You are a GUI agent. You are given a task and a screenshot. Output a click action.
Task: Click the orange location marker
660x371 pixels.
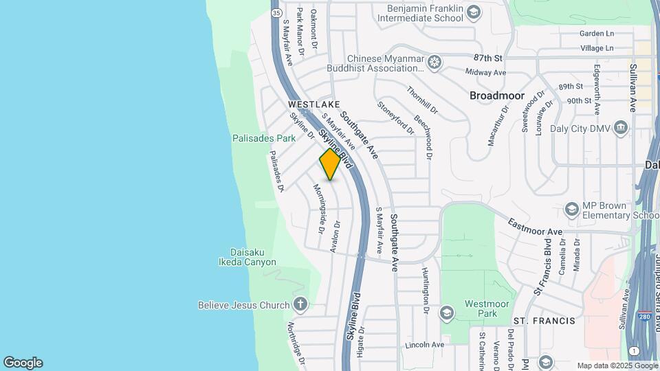330,165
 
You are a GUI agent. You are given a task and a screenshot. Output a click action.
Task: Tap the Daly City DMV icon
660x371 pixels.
621,127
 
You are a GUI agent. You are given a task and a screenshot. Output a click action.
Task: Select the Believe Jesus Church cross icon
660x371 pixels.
300,304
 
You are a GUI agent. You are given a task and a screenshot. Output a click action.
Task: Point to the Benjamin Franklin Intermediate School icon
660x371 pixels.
473,12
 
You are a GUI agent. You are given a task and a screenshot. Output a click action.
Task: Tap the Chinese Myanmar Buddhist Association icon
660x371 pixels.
434,63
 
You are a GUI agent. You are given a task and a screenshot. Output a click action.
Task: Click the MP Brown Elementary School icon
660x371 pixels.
571,208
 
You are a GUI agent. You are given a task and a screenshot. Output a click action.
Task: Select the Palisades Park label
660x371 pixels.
264,138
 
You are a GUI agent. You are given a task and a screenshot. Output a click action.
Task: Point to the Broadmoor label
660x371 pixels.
497,95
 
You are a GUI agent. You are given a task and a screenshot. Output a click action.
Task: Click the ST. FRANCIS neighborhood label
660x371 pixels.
544,321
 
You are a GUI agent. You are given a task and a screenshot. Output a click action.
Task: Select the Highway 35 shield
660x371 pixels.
276,12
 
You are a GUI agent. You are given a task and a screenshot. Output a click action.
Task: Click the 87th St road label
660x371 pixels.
488,58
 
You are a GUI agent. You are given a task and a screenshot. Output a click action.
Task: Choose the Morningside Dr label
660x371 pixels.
319,208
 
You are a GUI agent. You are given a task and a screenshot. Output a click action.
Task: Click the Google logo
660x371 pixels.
23,363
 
